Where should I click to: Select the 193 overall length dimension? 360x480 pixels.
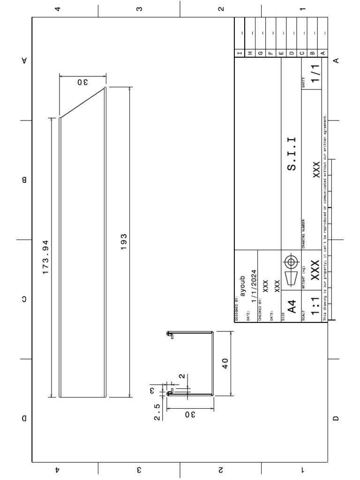pyautogui.click(x=124, y=242)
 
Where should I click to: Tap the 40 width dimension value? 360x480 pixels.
pyautogui.click(x=225, y=363)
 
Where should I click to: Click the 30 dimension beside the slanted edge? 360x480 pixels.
pyautogui.click(x=82, y=82)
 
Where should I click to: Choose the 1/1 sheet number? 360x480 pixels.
pyautogui.click(x=315, y=74)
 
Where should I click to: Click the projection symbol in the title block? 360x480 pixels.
pyautogui.click(x=291, y=268)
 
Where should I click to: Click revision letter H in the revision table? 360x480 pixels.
pyautogui.click(x=250, y=53)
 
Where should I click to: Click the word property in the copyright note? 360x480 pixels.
pyautogui.click(x=324, y=277)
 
